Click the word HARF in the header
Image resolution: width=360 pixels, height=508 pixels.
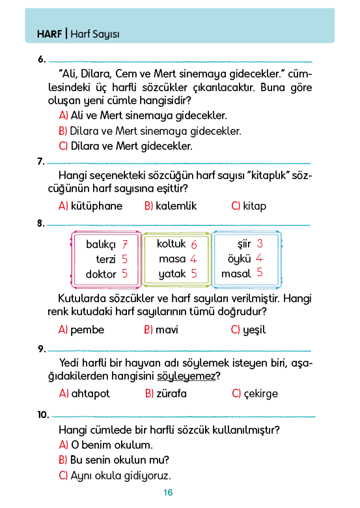click(x=49, y=34)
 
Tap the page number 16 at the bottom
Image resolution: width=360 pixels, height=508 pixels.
click(x=168, y=492)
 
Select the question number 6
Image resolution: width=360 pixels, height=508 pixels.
click(x=42, y=59)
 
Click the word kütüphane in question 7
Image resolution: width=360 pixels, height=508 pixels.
click(x=96, y=206)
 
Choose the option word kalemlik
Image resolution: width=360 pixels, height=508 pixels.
click(x=176, y=206)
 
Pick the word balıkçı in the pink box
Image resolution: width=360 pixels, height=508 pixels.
click(x=101, y=245)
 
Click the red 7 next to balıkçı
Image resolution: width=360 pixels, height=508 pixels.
click(x=125, y=244)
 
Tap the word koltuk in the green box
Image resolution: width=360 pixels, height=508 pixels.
click(x=171, y=244)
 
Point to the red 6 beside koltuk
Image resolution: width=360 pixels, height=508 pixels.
click(x=194, y=244)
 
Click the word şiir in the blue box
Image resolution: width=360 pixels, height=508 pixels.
click(x=244, y=244)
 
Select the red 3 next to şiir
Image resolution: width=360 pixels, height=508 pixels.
click(x=260, y=244)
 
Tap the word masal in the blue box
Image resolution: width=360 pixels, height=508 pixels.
click(x=236, y=274)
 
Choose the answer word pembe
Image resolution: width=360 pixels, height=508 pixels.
click(x=87, y=330)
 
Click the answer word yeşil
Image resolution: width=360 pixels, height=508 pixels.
click(x=254, y=330)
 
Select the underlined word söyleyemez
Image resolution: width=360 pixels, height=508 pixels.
click(x=186, y=376)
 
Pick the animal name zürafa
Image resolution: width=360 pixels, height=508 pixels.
click(x=172, y=393)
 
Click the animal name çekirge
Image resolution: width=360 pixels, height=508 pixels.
click(x=260, y=394)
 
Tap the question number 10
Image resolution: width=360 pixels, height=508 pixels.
click(x=43, y=415)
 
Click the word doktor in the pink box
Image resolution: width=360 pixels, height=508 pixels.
click(x=101, y=274)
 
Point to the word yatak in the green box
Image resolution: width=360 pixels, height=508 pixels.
click(x=173, y=274)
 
